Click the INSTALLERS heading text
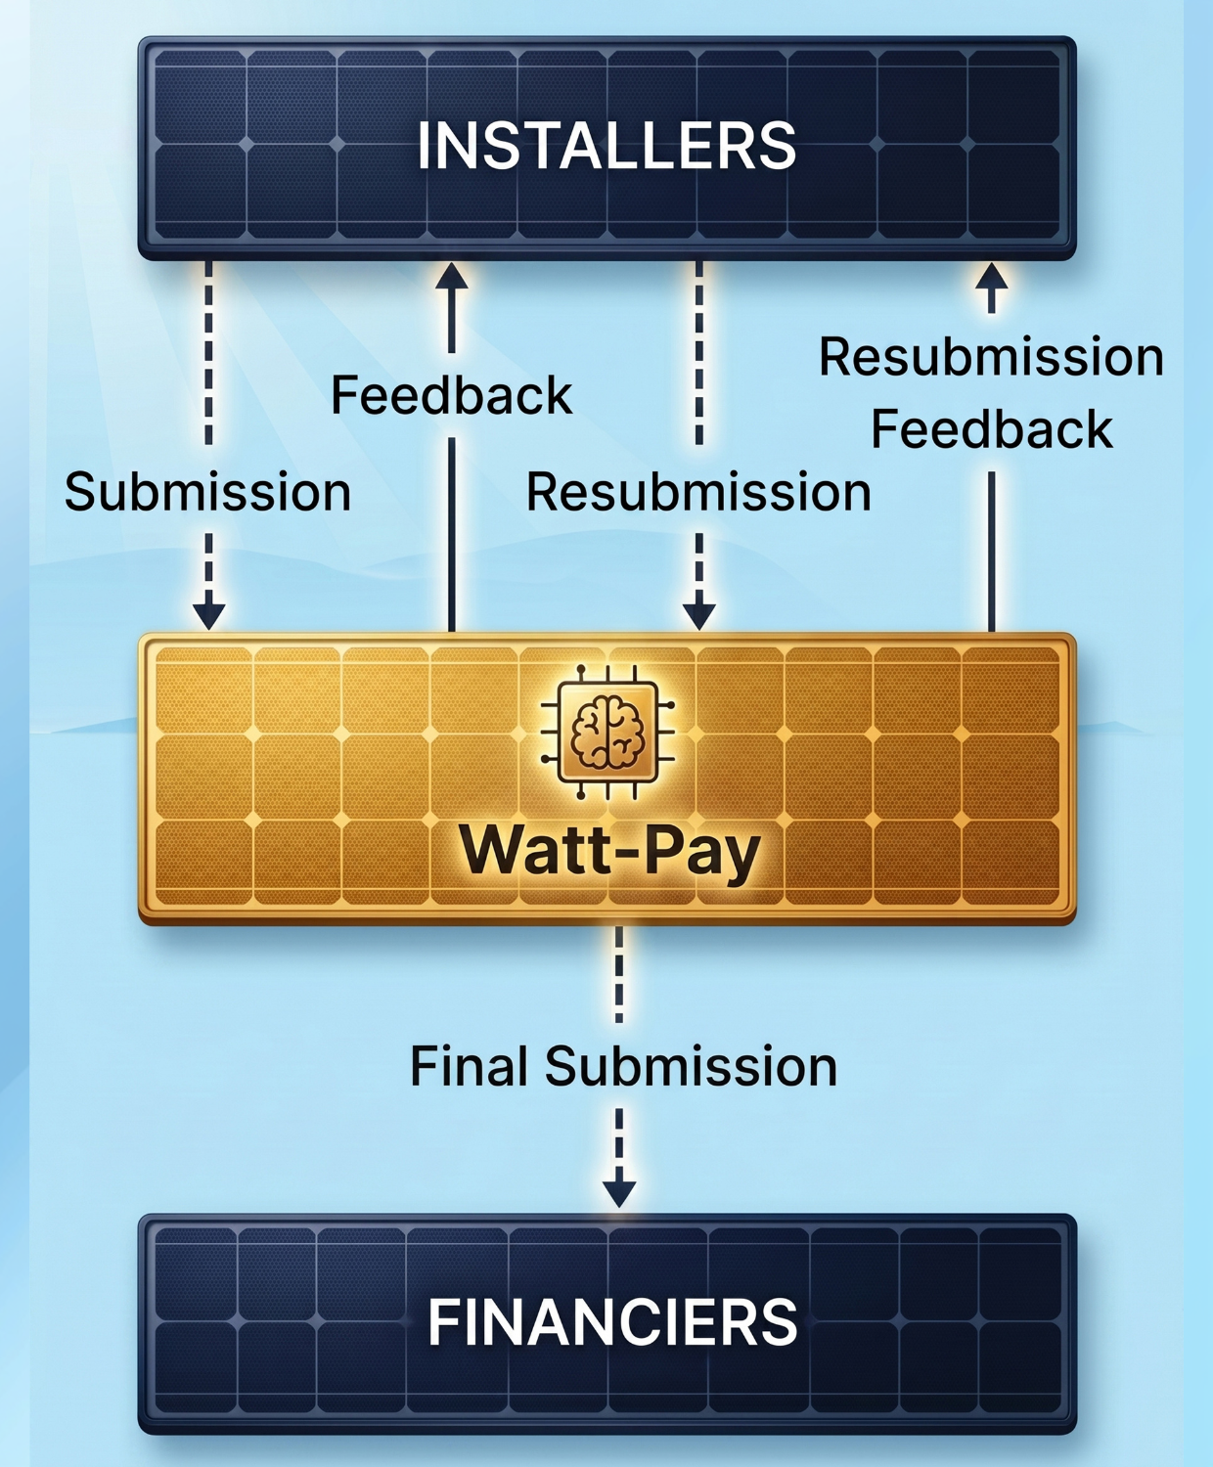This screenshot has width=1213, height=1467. [x=606, y=146]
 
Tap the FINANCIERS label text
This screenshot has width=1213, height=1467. [x=612, y=1321]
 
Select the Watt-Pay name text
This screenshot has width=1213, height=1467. [x=609, y=852]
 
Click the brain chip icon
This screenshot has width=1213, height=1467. [x=608, y=733]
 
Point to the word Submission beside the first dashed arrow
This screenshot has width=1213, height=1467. [x=207, y=492]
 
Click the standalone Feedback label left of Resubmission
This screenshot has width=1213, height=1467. [x=451, y=395]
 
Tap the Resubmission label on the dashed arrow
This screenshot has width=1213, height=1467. [x=698, y=492]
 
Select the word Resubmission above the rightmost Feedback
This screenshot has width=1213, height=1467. [x=991, y=358]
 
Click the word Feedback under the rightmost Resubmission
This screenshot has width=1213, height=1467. [x=992, y=430]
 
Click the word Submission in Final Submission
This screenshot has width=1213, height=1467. [x=691, y=1066]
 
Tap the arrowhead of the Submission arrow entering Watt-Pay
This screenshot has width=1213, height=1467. [x=208, y=616]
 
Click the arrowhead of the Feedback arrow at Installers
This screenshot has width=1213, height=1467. [x=451, y=276]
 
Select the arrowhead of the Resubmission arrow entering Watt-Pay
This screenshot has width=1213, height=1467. [x=699, y=616]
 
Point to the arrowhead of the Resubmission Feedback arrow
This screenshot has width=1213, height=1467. [x=992, y=276]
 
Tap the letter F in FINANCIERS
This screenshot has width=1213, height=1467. [x=444, y=1321]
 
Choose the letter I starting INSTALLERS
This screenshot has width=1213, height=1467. [x=424, y=146]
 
